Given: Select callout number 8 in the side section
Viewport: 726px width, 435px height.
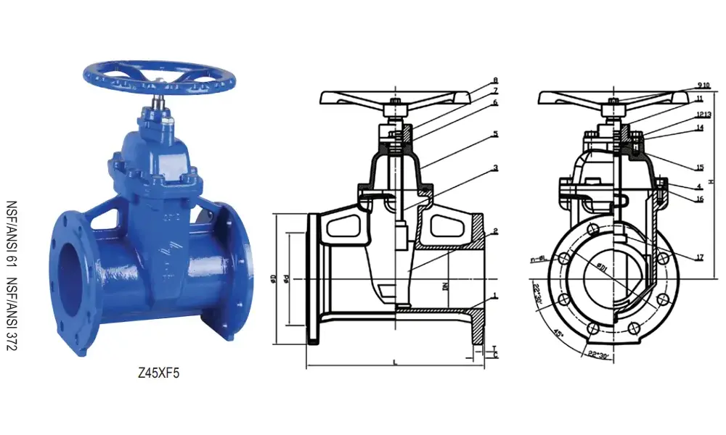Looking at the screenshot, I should pos(495,80).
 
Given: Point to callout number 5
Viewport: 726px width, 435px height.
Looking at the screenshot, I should pos(495,134).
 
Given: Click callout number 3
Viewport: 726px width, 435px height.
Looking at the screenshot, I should pos(495,167).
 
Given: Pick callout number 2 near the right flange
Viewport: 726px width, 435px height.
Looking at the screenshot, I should pos(495,231).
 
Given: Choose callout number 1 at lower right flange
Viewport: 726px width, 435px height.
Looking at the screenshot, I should pos(495,296).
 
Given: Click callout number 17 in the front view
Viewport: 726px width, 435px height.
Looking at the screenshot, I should pos(698,257).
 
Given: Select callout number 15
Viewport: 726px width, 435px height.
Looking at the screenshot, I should pos(698,167).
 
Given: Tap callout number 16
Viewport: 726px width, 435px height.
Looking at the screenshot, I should pos(698,198).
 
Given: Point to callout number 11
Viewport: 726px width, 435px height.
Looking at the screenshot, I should pos(698,98).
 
